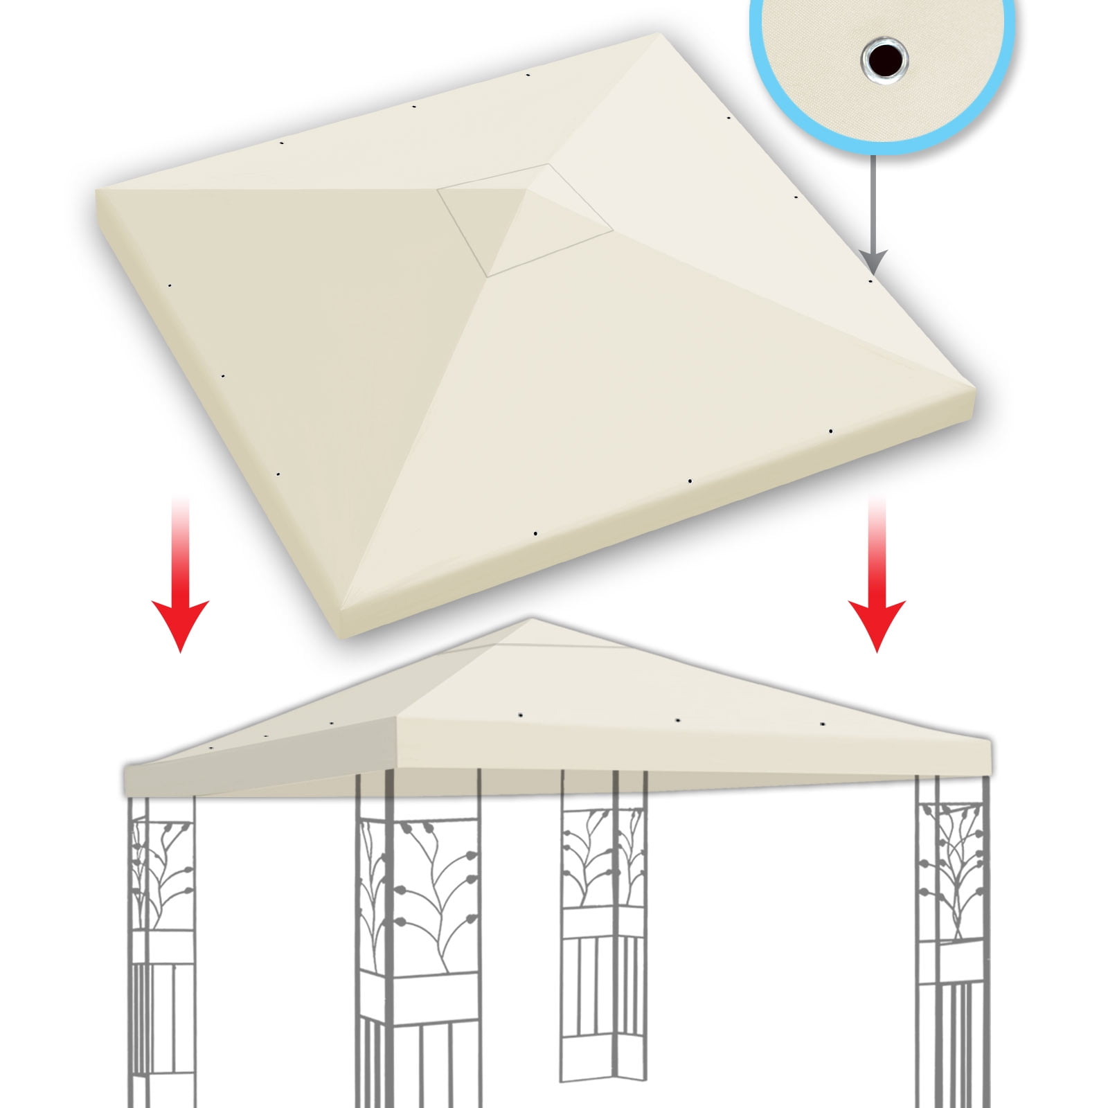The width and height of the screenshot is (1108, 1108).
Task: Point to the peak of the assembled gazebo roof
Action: [530, 620]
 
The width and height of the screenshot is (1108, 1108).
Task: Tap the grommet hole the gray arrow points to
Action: [871, 281]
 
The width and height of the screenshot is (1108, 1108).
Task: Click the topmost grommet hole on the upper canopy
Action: [528, 75]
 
